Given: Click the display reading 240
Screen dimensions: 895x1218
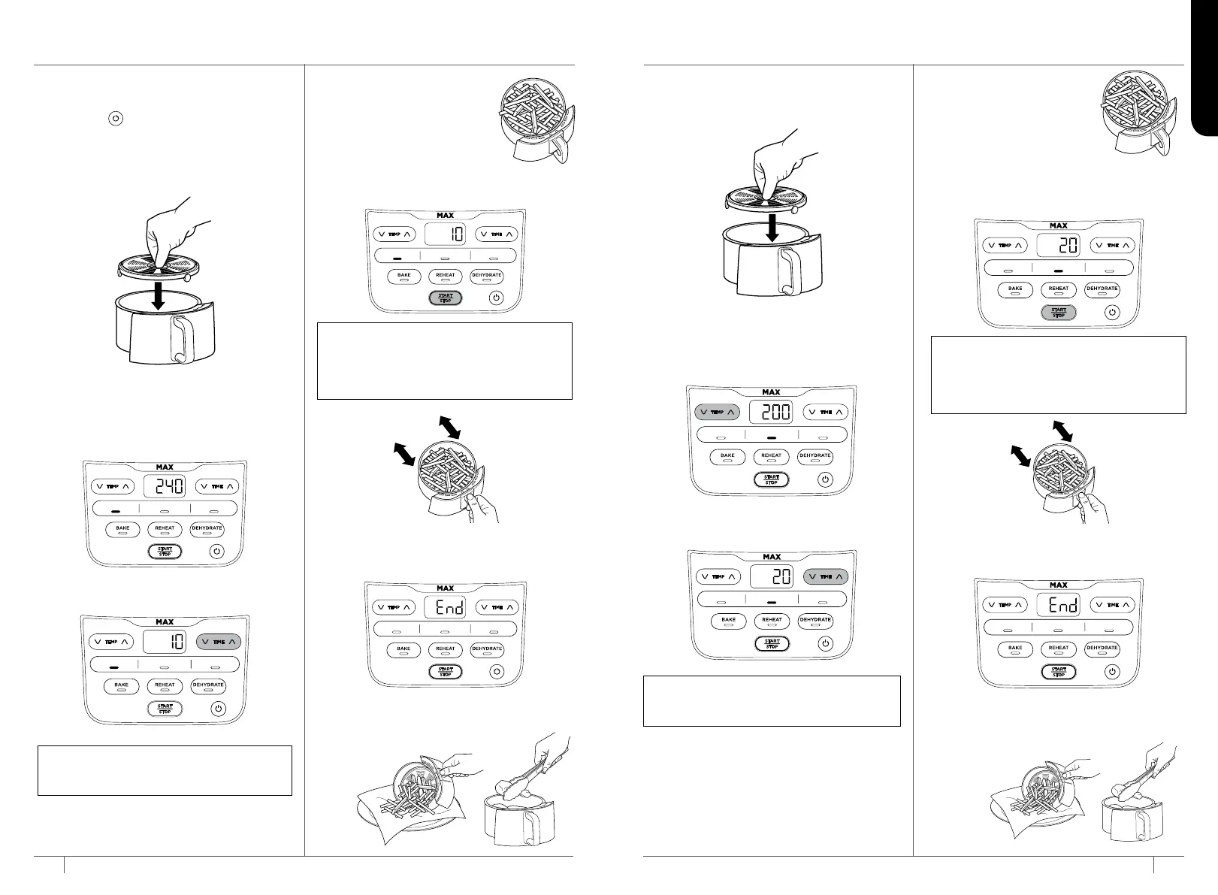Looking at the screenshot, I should [x=165, y=486].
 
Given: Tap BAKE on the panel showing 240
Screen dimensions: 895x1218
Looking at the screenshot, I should [x=122, y=528].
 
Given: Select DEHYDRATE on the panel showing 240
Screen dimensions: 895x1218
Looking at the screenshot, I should [x=207, y=528].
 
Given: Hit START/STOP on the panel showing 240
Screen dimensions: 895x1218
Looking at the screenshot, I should [x=165, y=552].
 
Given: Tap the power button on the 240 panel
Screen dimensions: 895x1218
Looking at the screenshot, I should [x=216, y=552].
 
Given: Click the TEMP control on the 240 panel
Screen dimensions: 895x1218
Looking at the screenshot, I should [x=112, y=486].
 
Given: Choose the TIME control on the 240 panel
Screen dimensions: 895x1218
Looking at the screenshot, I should [x=217, y=486].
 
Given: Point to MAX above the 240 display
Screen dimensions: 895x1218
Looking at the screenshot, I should [x=165, y=467].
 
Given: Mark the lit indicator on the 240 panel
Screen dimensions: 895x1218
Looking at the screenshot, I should [x=116, y=509].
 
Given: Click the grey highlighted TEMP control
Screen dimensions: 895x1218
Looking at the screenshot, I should [x=718, y=412].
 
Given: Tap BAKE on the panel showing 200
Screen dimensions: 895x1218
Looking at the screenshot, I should [x=727, y=455].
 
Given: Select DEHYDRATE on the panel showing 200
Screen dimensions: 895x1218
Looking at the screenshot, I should [x=815, y=455].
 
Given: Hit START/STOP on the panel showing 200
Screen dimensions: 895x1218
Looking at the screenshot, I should [x=772, y=479].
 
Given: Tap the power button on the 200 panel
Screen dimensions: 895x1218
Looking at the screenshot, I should [x=825, y=479].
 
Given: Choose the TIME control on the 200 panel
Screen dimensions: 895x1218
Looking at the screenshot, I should [x=826, y=412].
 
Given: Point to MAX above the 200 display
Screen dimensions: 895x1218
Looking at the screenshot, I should [x=771, y=392].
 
